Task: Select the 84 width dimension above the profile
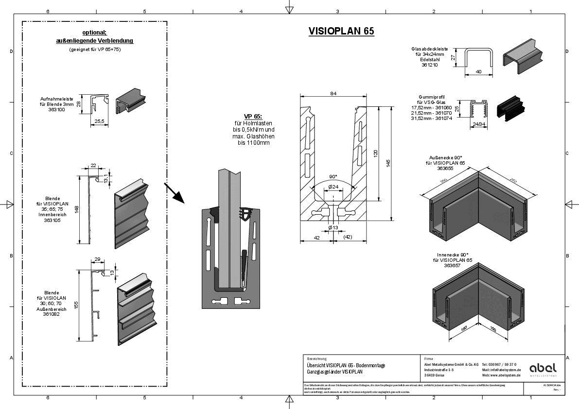tap(333, 94)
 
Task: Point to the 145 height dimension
tap(387, 163)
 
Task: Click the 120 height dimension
tap(375, 153)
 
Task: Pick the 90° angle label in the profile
tap(333, 177)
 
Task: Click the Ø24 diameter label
tap(333, 187)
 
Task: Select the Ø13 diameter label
tap(333, 227)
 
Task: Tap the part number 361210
tap(430, 65)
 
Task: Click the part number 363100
tap(57, 110)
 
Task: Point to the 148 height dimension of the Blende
tap(76, 209)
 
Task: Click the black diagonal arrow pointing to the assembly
tap(174, 192)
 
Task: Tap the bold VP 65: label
tap(253, 117)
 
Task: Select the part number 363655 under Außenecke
tap(445, 169)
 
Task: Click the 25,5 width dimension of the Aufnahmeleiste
tap(99, 121)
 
